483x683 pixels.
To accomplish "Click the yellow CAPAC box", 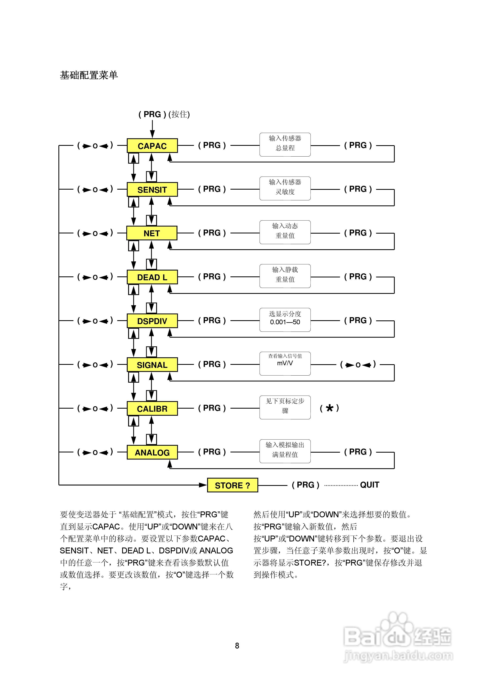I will point(152,146).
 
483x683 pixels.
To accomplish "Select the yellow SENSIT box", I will point(152,189).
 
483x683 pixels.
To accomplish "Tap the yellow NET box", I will point(152,233).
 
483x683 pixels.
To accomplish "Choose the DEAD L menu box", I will point(152,277).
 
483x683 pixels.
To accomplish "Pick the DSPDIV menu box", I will point(152,321).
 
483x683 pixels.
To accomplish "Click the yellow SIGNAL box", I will point(152,365).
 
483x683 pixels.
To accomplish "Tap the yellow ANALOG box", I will point(152,452).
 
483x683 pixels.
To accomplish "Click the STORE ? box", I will point(232,485).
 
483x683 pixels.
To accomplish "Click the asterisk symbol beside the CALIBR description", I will point(329,408).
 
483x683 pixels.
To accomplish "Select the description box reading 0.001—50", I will point(285,320).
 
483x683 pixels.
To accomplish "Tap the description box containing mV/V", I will point(285,364).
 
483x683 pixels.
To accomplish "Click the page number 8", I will point(237,645).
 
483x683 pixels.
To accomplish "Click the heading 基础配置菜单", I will point(89,75).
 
